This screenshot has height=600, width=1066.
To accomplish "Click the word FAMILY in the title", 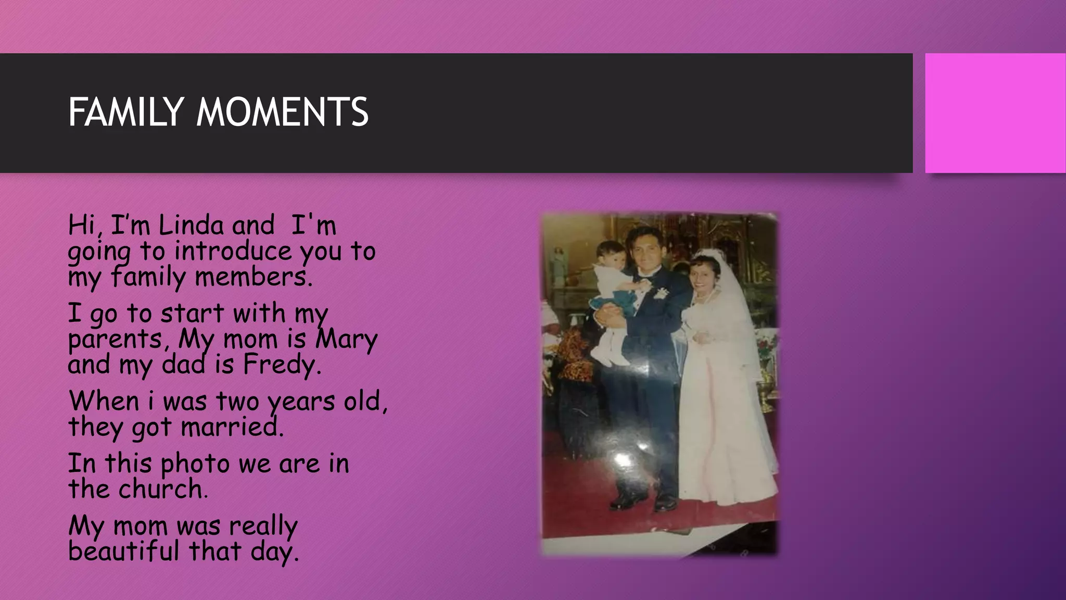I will [125, 113].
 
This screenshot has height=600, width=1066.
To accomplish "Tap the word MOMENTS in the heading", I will [282, 113].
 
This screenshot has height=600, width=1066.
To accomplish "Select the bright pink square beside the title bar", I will [995, 113].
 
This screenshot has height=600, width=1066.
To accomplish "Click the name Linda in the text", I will [191, 226].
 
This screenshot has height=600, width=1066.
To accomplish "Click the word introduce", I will [233, 252].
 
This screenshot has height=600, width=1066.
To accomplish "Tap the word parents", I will [116, 340].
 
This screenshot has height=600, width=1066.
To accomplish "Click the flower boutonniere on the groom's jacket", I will [661, 294].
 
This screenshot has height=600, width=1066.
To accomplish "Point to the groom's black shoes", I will [645, 501].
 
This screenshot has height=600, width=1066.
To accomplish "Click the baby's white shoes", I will [609, 358].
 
